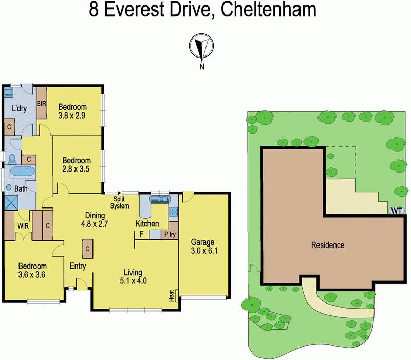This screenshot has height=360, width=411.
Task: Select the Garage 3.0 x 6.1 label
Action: tap(202, 247)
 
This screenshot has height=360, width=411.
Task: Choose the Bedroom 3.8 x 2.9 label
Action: tap(72, 111)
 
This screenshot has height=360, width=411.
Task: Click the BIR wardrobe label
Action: tap(42, 104)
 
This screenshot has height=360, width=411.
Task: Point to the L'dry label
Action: tap(20, 108)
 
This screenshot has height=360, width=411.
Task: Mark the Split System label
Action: tap(122, 202)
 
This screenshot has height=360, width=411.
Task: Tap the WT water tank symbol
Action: tap(396, 210)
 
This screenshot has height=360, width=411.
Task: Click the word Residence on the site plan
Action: tap(328, 245)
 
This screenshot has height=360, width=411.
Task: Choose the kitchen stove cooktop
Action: tap(173, 211)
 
